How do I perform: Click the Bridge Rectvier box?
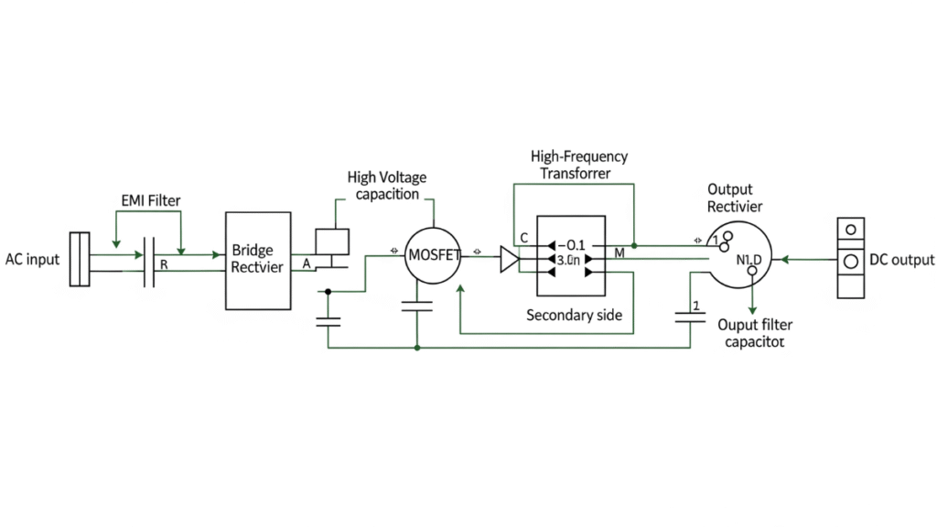coord(258,261)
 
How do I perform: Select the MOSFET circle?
coord(432,254)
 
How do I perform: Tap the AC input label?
coord(32,259)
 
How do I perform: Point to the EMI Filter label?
coord(150,199)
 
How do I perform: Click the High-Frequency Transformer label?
coord(578,165)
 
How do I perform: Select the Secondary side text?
coord(574,316)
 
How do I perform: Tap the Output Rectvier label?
coord(735,198)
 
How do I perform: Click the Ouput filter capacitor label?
coord(754,333)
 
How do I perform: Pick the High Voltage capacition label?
coord(387,185)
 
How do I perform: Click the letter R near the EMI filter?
coord(163,263)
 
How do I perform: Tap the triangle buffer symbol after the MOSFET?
coord(509,259)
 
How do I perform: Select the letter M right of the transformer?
coord(619,253)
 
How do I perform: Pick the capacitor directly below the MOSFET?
coord(417,309)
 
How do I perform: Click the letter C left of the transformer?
coord(523,238)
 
